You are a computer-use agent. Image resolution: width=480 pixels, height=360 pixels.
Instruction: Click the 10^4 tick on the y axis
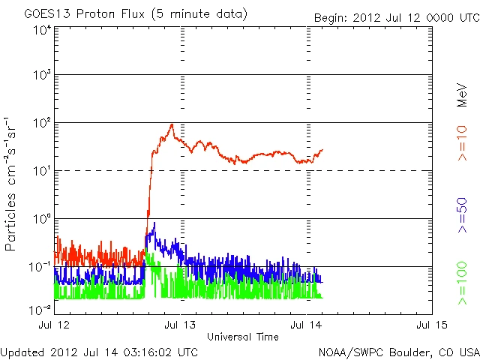point(42,30)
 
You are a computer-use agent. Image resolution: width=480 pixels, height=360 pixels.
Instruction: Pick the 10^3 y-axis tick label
point(42,76)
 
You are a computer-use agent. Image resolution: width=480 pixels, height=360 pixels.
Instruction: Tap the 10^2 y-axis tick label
point(42,123)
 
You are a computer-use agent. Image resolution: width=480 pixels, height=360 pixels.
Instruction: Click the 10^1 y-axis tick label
point(42,171)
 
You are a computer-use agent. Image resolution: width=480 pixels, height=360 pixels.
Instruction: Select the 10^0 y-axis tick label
point(42,219)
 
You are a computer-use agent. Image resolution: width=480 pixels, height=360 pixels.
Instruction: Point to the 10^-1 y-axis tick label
point(40,267)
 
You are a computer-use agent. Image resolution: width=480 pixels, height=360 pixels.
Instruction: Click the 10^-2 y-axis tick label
point(40,309)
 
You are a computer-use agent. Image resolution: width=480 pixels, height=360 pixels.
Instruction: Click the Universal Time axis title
point(242,337)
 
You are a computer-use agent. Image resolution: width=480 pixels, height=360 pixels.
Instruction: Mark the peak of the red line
point(172,124)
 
